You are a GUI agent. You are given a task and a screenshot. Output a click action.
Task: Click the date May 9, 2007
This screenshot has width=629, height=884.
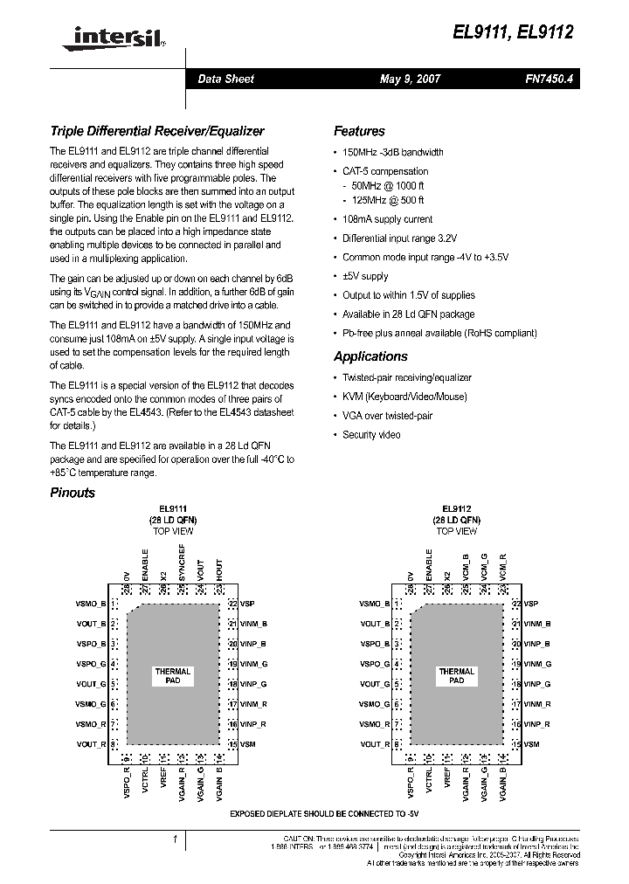pyautogui.click(x=410, y=79)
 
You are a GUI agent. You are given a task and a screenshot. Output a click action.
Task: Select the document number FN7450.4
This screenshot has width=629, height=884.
pyautogui.click(x=549, y=79)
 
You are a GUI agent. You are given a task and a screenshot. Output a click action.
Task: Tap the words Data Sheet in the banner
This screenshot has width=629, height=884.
pyautogui.click(x=225, y=79)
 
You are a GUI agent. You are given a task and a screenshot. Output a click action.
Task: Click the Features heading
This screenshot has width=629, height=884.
pyautogui.click(x=359, y=131)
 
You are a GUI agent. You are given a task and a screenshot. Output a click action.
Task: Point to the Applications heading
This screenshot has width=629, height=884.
pyautogui.click(x=370, y=356)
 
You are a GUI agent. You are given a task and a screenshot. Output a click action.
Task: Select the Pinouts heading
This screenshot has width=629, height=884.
pyautogui.click(x=73, y=493)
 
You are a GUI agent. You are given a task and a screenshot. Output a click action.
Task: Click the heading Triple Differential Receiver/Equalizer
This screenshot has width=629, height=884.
pyautogui.click(x=157, y=131)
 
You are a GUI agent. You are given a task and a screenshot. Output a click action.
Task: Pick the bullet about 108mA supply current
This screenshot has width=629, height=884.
pyautogui.click(x=387, y=219)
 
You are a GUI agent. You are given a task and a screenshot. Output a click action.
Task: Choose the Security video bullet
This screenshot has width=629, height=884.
pyautogui.click(x=371, y=434)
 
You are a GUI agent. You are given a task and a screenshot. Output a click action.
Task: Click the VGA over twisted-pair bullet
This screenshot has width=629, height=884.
pyautogui.click(x=387, y=416)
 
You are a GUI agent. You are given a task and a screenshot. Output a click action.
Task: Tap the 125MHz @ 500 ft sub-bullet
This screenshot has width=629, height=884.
pyautogui.click(x=389, y=201)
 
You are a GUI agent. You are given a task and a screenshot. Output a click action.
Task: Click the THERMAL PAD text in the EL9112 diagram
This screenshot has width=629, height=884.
pyautogui.click(x=457, y=676)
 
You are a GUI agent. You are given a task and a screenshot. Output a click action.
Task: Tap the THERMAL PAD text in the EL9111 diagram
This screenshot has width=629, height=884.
pyautogui.click(x=173, y=676)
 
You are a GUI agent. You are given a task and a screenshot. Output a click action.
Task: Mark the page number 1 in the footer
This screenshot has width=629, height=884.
pyautogui.click(x=175, y=839)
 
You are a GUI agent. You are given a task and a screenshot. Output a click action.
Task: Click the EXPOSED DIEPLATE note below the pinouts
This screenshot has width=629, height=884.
pyautogui.click(x=318, y=813)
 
